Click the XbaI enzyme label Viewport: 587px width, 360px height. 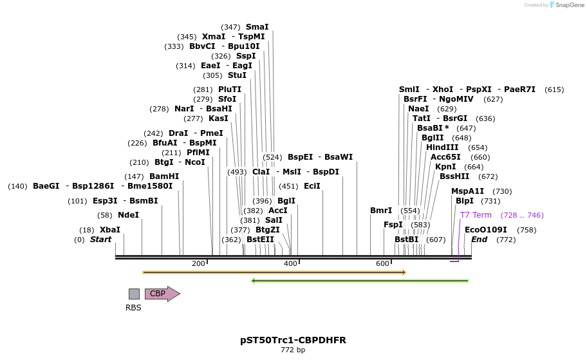[x=109, y=230]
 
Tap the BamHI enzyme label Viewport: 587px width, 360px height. [x=164, y=176]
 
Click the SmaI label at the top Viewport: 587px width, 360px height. [x=257, y=27]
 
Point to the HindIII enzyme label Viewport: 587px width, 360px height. [x=442, y=147]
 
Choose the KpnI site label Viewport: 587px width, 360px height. [x=445, y=167]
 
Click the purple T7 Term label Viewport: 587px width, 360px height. [x=476, y=215]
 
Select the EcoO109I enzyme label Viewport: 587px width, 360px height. [x=486, y=230]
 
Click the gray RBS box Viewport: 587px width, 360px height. [x=134, y=294]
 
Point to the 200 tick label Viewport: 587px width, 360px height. [x=198, y=263]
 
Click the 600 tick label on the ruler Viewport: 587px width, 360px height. [x=383, y=263]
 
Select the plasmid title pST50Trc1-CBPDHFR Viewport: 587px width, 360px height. [x=293, y=339]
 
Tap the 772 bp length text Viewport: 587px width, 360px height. [x=293, y=350]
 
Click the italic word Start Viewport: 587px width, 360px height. [x=100, y=240]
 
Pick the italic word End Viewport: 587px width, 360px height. [x=479, y=240]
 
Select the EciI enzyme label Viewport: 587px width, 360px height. [x=312, y=186]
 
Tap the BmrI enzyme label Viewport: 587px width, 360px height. [x=381, y=211]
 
